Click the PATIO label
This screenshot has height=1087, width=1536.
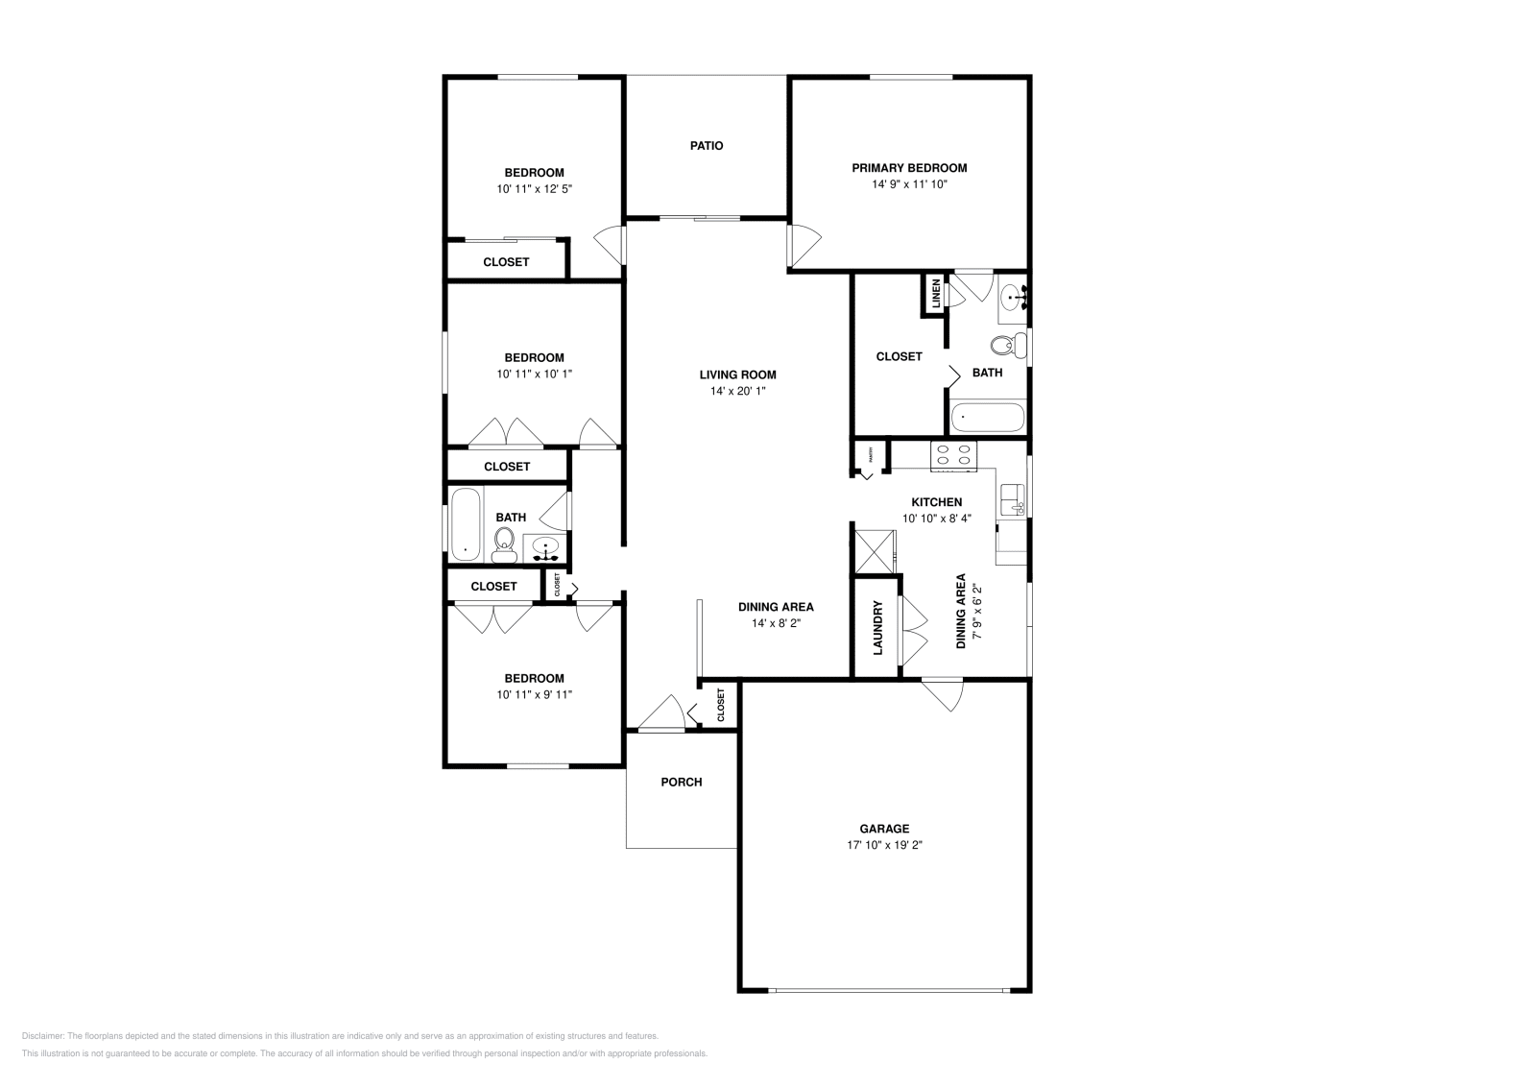pyautogui.click(x=706, y=146)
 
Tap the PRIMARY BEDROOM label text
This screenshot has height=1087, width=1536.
pyautogui.click(x=908, y=168)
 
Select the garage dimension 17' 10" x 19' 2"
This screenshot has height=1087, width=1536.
pyautogui.click(x=884, y=846)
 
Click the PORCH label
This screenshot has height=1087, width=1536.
pyautogui.click(x=681, y=783)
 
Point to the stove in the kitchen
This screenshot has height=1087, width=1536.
pyautogui.click(x=953, y=455)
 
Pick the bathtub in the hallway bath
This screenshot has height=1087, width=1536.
pyautogui.click(x=466, y=524)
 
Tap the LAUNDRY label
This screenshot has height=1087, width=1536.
pyautogui.click(x=877, y=628)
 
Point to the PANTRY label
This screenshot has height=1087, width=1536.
pyautogui.click(x=871, y=453)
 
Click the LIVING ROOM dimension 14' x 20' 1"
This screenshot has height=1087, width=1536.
pyautogui.click(x=737, y=392)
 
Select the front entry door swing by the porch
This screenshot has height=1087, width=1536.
pyautogui.click(x=663, y=714)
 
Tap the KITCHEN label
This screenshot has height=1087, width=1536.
pyautogui.click(x=936, y=502)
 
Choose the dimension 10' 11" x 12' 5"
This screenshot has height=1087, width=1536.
pyautogui.click(x=535, y=190)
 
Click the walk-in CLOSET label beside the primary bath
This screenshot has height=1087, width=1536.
pyautogui.click(x=899, y=356)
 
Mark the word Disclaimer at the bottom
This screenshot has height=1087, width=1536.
pyautogui.click(x=41, y=1036)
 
